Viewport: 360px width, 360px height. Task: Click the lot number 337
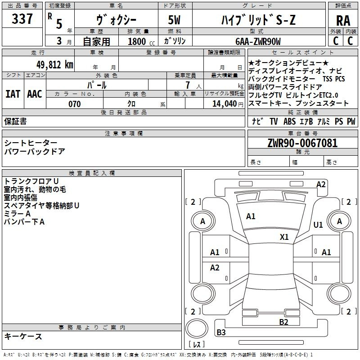(x=22, y=19)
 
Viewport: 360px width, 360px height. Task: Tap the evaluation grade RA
(x=343, y=21)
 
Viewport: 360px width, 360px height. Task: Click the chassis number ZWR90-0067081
(x=302, y=144)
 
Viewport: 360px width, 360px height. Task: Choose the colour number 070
(x=74, y=104)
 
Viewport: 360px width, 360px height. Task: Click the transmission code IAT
(x=13, y=94)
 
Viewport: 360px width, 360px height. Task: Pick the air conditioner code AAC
(x=35, y=94)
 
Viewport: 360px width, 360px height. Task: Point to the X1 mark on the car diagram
(x=284, y=237)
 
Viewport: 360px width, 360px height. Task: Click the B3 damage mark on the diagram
(x=221, y=333)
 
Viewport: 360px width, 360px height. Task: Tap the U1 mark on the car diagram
(x=318, y=225)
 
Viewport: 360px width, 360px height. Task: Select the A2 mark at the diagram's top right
(x=321, y=184)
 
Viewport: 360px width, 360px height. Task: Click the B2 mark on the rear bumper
(x=283, y=322)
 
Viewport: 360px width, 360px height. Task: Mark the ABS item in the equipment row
(x=289, y=121)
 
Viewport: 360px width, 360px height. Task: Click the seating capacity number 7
(x=186, y=85)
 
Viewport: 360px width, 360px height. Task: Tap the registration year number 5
(x=59, y=24)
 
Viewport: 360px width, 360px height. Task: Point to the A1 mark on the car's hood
(x=251, y=216)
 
